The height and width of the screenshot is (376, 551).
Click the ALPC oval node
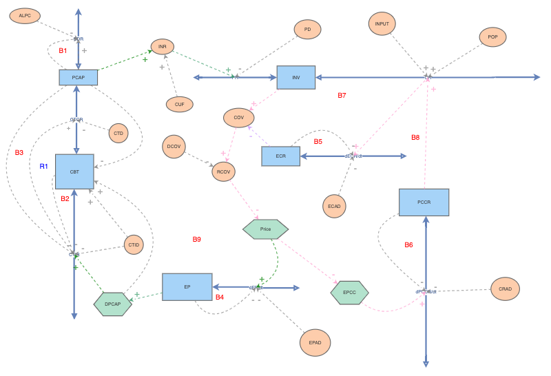click(x=25, y=16)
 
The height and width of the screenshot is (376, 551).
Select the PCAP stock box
click(x=78, y=77)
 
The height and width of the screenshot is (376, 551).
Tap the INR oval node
click(x=162, y=47)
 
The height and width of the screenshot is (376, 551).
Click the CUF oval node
click(x=179, y=104)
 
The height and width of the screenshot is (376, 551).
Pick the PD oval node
click(x=307, y=30)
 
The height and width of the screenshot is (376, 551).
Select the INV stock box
click(x=295, y=77)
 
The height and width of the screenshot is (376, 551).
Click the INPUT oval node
click(x=382, y=24)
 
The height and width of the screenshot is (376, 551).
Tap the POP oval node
click(x=492, y=37)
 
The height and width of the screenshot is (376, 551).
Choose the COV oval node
click(x=238, y=118)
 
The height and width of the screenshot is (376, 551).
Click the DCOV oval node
click(x=174, y=146)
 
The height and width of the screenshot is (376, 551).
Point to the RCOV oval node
click(x=223, y=171)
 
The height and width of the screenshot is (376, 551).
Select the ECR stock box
click(x=280, y=156)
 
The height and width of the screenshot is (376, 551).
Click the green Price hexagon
click(x=265, y=229)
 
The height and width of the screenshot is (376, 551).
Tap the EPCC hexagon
click(x=349, y=293)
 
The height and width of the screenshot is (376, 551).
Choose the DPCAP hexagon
click(x=112, y=304)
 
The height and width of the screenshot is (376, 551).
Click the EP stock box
click(x=187, y=286)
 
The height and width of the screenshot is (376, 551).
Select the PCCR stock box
click(x=424, y=202)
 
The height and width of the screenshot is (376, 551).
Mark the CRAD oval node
click(x=505, y=289)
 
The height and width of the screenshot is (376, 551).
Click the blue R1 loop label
click(x=43, y=167)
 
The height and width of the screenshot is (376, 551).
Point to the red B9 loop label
click(x=196, y=240)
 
